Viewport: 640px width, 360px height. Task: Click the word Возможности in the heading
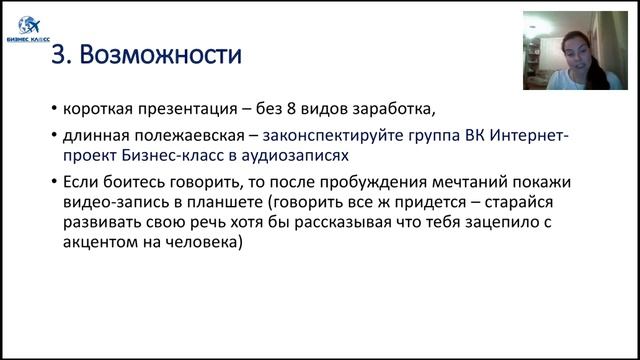156,53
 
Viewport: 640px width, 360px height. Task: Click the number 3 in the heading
58,53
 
